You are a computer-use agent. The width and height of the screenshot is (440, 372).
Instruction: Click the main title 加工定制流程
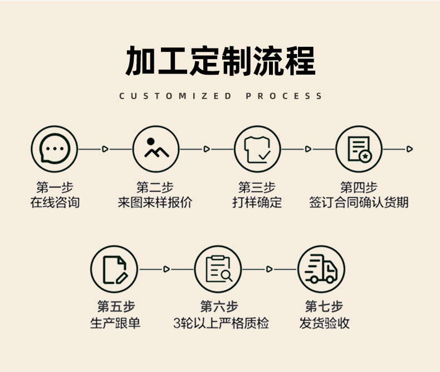(x=220, y=61)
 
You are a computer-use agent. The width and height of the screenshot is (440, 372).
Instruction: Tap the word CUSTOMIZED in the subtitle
(x=175, y=96)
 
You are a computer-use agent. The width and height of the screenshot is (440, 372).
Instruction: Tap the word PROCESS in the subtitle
(x=283, y=96)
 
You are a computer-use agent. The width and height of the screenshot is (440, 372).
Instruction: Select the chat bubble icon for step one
(x=54, y=149)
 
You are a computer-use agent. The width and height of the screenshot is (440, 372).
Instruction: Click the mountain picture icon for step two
(x=156, y=149)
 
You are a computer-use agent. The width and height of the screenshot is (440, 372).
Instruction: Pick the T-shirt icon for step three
(x=257, y=149)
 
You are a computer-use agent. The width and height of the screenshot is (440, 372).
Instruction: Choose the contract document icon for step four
(x=359, y=149)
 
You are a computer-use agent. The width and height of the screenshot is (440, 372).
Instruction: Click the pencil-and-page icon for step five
(x=114, y=269)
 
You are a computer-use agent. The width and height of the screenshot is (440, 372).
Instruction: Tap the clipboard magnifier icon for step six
(x=218, y=269)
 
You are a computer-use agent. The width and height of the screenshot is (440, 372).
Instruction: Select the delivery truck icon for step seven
(x=321, y=269)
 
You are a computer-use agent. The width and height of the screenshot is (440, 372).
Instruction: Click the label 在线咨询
(x=55, y=202)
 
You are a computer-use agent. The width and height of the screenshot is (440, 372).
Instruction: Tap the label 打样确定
(x=257, y=202)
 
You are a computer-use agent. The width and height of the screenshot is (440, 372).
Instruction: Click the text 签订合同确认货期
(x=359, y=202)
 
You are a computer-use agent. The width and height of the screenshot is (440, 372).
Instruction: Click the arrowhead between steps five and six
(x=166, y=269)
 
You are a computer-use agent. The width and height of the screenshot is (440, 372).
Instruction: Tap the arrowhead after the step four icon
(x=409, y=149)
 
